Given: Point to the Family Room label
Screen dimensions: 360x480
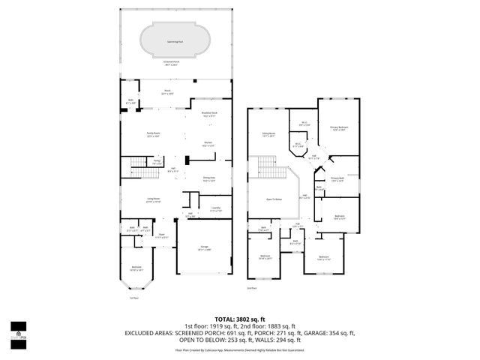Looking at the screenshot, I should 154,135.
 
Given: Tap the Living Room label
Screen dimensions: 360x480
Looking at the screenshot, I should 153,199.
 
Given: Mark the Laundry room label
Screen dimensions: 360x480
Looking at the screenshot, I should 215,211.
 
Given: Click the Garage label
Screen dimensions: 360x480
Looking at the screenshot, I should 204,247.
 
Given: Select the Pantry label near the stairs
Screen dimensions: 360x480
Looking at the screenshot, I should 157,161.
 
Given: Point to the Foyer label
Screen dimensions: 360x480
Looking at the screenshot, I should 161,235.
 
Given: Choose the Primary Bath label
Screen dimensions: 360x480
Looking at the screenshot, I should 337,178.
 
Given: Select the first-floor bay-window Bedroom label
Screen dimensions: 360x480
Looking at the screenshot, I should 136,268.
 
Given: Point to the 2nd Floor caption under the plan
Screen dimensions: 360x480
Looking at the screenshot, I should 252,288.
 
